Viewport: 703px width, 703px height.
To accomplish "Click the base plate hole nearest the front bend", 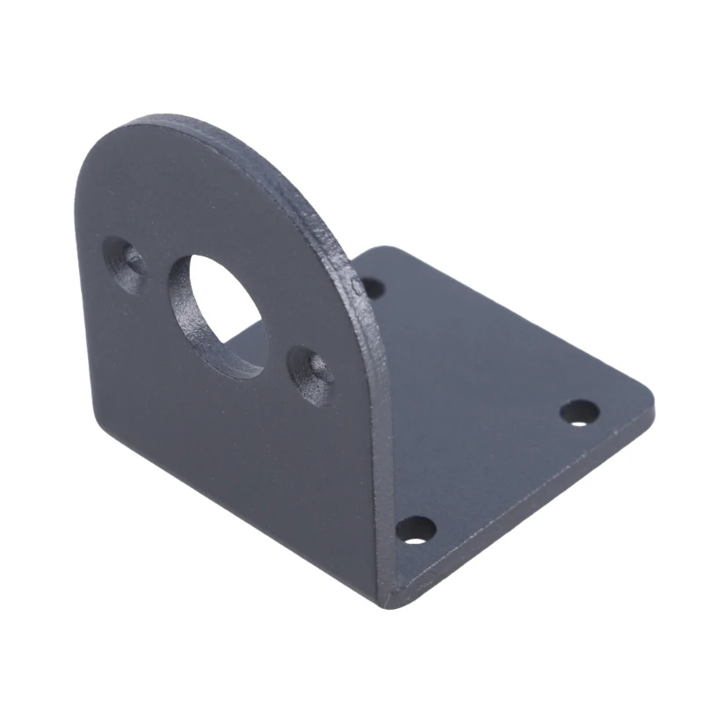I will [x=416, y=529].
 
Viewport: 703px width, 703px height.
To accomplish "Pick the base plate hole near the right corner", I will [x=579, y=411].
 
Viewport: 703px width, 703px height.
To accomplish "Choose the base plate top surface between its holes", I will [x=492, y=395].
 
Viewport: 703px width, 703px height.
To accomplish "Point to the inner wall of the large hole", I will [x=189, y=308].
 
